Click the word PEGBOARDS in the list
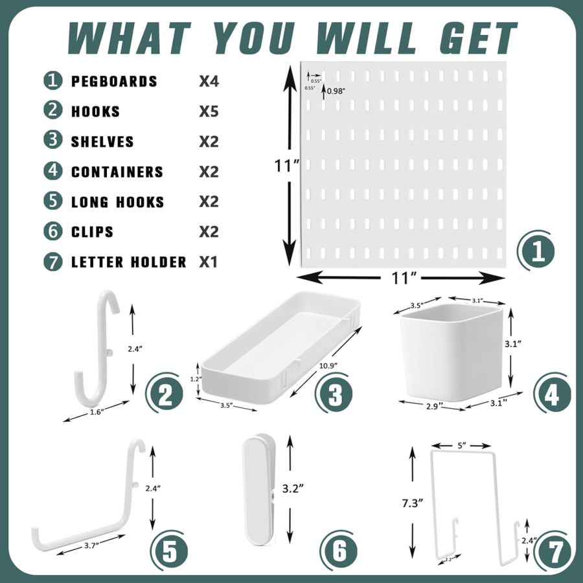click(114, 82)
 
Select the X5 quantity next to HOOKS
click(209, 111)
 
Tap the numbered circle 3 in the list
click(52, 142)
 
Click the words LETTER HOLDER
click(128, 262)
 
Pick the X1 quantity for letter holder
click(208, 262)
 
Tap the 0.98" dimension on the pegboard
click(336, 91)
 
